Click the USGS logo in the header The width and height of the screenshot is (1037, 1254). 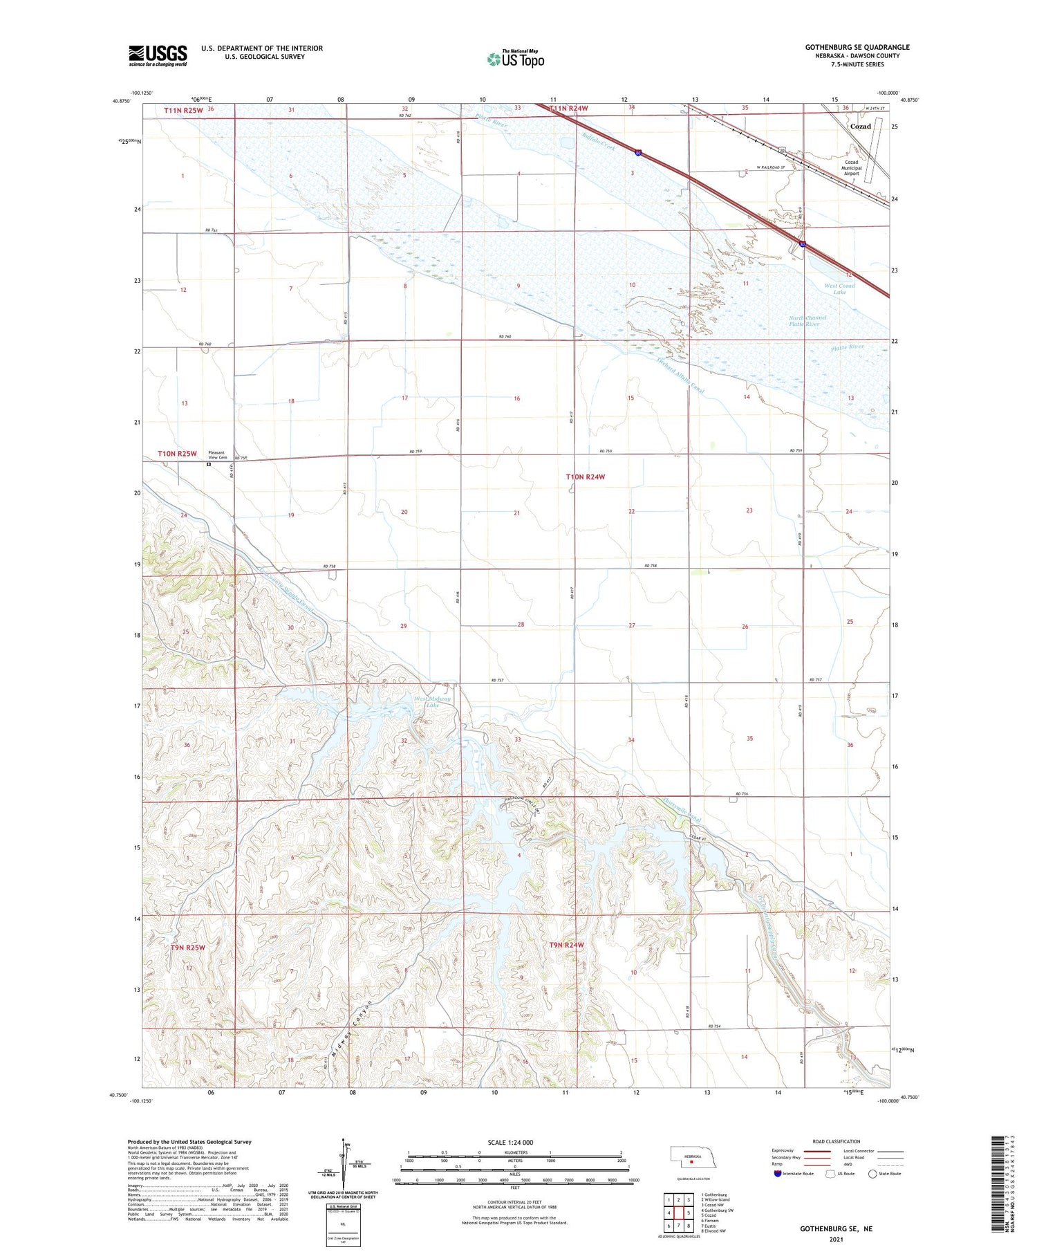158,55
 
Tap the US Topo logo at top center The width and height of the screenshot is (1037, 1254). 516,59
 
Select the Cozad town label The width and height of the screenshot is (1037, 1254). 860,127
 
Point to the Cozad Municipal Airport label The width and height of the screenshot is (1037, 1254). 851,168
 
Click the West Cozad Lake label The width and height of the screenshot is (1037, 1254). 839,288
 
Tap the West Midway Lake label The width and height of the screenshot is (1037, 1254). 432,702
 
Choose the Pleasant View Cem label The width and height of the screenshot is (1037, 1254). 217,455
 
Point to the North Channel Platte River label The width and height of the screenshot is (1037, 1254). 807,321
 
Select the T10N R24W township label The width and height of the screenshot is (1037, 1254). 586,477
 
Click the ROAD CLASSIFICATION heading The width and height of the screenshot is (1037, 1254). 837,1141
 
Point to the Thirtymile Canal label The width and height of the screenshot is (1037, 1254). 682,811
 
